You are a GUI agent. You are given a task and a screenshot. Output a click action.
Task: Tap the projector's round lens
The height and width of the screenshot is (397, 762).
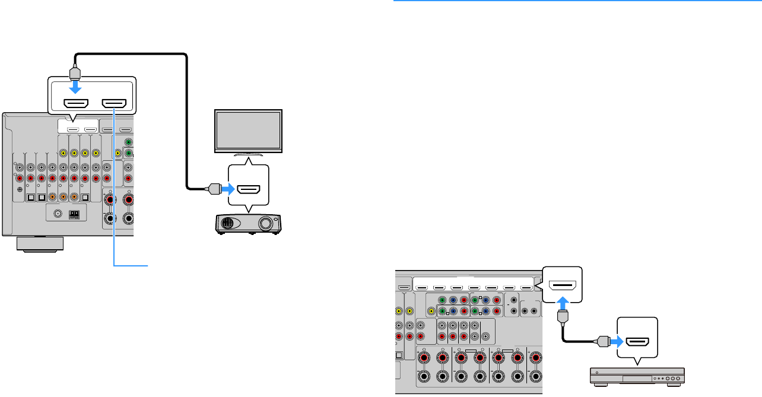tap(265, 224)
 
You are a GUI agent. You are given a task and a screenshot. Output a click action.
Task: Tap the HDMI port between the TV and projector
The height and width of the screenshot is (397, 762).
tap(248, 189)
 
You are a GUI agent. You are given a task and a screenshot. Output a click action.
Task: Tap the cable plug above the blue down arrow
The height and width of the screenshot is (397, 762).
tap(75, 72)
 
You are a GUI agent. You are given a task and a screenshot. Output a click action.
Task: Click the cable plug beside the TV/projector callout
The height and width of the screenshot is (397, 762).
tap(212, 189)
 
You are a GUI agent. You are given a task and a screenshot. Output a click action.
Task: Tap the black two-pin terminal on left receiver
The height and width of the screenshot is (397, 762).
tap(74, 215)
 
